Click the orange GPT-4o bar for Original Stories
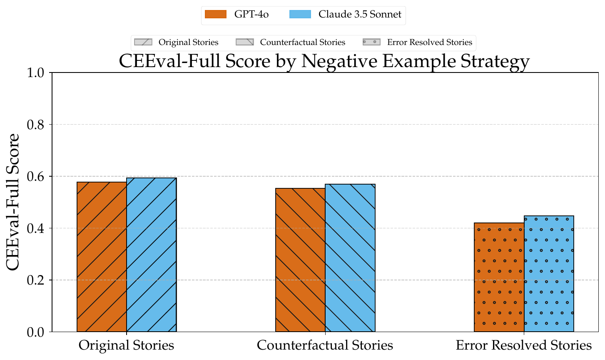(x=102, y=257)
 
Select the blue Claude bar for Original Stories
(x=152, y=255)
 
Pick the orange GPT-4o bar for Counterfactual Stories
(x=300, y=260)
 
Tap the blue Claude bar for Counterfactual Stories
(x=350, y=258)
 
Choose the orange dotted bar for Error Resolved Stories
(x=499, y=277)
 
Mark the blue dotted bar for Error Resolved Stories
(x=549, y=273)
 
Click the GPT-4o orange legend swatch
(x=216, y=14)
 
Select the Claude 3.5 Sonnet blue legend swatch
(x=300, y=14)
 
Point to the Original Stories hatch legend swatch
(x=143, y=42)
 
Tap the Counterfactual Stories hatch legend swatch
(x=245, y=42)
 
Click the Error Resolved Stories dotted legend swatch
(x=371, y=42)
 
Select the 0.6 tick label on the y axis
(x=35, y=176)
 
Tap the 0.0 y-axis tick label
(x=35, y=332)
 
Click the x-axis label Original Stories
(x=127, y=345)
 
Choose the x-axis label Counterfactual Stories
(x=325, y=345)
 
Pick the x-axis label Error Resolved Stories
(x=524, y=345)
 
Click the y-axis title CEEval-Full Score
(x=12, y=202)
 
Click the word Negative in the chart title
(x=339, y=61)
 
